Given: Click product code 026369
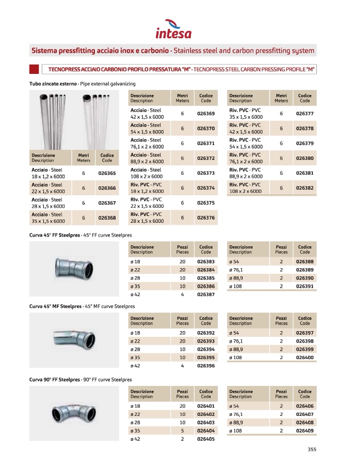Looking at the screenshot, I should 206,113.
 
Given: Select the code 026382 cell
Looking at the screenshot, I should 305,188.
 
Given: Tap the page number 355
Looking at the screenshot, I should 311,449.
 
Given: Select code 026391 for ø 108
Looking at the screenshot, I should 305,286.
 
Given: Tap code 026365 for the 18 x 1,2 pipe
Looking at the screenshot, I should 106,174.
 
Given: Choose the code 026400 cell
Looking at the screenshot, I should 305,357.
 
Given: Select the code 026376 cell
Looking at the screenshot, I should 206,218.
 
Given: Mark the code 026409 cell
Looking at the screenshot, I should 305,430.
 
